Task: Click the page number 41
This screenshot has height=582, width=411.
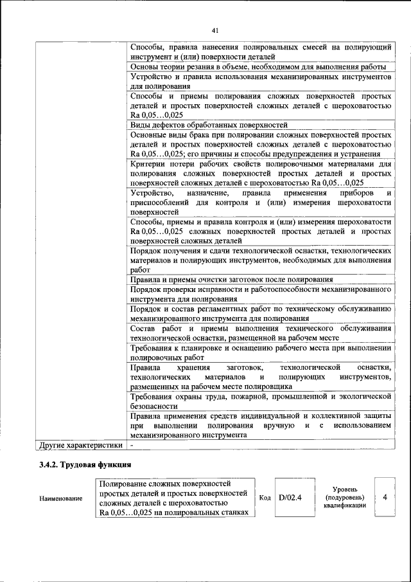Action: [x=215, y=30]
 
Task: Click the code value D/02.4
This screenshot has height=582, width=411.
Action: [x=290, y=497]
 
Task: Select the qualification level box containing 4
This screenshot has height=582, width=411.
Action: [x=384, y=497]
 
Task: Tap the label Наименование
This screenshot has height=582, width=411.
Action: [x=61, y=498]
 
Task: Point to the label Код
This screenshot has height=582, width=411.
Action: [x=265, y=497]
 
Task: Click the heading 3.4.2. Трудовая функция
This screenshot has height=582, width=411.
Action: [x=85, y=464]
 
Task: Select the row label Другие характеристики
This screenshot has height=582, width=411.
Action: [x=80, y=444]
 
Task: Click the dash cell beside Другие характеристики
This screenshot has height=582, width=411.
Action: [x=132, y=444]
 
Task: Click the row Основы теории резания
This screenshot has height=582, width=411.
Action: [x=257, y=67]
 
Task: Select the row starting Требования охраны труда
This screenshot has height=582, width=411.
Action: [x=260, y=401]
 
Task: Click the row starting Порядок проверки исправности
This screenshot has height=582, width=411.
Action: [x=260, y=295]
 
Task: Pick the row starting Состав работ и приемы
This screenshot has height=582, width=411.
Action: [x=260, y=333]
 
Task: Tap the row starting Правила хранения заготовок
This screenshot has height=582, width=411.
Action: [x=260, y=377]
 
